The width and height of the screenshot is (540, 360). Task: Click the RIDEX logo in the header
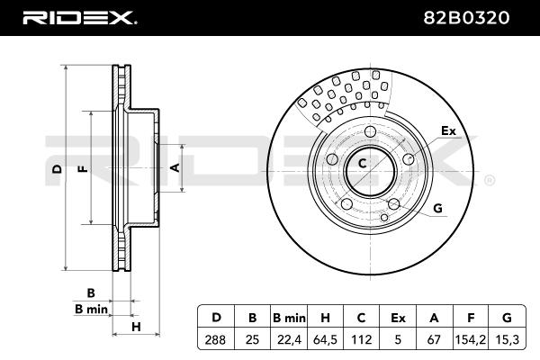click(x=79, y=16)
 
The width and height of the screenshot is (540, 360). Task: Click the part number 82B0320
click(x=482, y=16)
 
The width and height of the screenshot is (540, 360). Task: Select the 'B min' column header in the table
click(x=289, y=317)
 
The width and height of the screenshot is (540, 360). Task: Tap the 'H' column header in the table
click(x=326, y=317)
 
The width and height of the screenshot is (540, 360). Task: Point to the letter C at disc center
click(x=363, y=164)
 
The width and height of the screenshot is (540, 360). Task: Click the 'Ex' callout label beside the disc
click(x=448, y=131)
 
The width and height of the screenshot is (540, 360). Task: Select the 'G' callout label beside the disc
click(x=438, y=209)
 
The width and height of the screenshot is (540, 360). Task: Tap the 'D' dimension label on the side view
click(x=56, y=169)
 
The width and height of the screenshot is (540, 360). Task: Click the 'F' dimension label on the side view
click(x=82, y=169)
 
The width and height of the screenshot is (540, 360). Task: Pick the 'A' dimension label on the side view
click(x=176, y=167)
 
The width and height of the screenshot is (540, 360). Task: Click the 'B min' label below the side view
click(x=90, y=309)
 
